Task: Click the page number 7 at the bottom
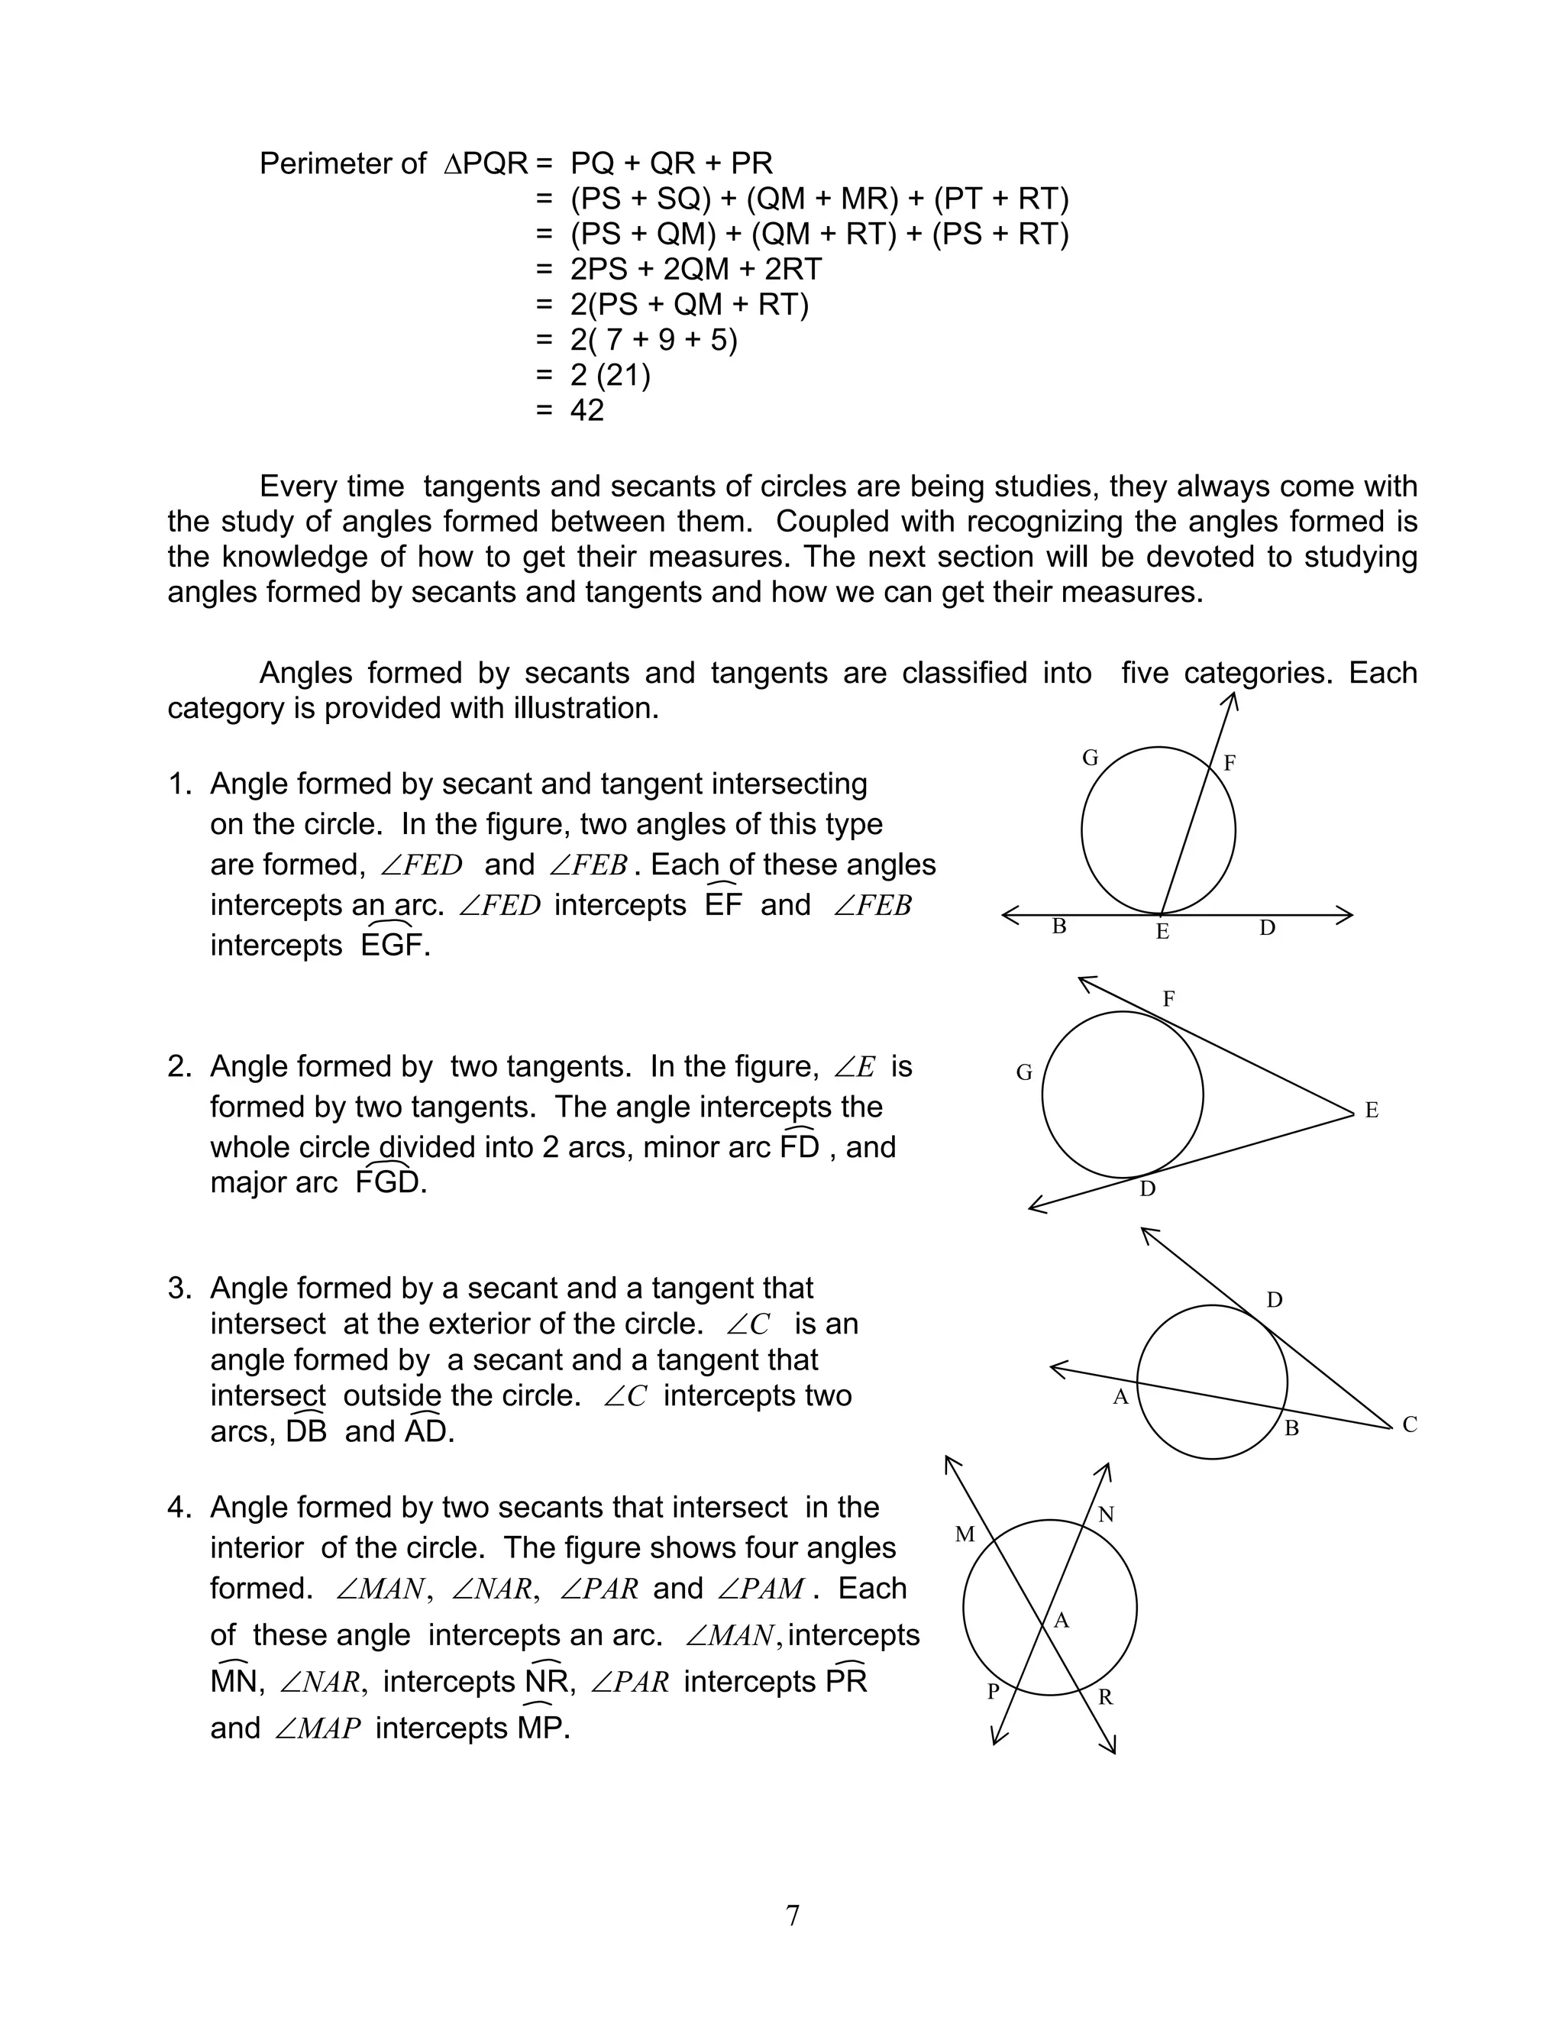pyautogui.click(x=792, y=1915)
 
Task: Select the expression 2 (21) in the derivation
pyautogui.click(x=611, y=375)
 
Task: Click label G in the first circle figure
pyautogui.click(x=1091, y=758)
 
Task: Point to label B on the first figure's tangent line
pyautogui.click(x=1059, y=926)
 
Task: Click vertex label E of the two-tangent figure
pyautogui.click(x=1372, y=1111)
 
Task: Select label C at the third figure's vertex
pyautogui.click(x=1409, y=1424)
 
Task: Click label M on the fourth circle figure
pyautogui.click(x=965, y=1534)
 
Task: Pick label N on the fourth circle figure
pyautogui.click(x=1105, y=1515)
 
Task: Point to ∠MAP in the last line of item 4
pyautogui.click(x=318, y=1728)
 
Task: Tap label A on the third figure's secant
pyautogui.click(x=1120, y=1398)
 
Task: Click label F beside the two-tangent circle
pyautogui.click(x=1168, y=999)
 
